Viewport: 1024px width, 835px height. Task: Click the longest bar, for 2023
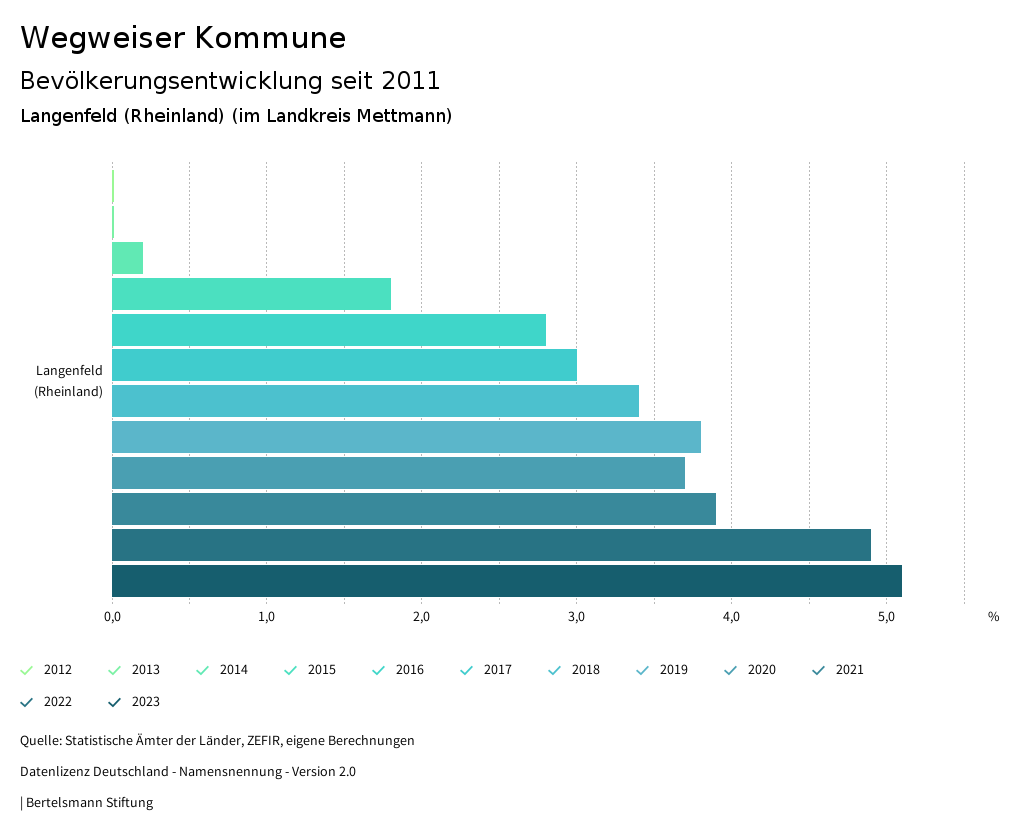click(x=506, y=581)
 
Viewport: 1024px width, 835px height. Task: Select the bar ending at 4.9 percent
click(x=491, y=545)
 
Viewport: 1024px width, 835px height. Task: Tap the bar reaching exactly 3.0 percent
click(x=344, y=365)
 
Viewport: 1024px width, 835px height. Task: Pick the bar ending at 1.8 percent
click(x=251, y=294)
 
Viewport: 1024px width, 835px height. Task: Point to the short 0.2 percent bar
click(x=127, y=258)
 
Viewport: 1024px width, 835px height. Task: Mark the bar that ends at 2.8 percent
click(x=329, y=330)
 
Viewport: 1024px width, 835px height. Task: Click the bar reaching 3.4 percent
click(x=375, y=401)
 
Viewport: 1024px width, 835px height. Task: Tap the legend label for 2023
click(x=145, y=702)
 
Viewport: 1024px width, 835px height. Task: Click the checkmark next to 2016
click(x=379, y=670)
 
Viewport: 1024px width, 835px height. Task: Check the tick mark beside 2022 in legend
click(x=27, y=702)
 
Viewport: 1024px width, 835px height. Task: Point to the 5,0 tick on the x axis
click(x=886, y=616)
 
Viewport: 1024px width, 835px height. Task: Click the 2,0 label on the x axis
click(x=421, y=616)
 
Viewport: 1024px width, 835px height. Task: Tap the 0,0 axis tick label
click(x=112, y=616)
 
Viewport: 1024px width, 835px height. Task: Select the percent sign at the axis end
click(x=993, y=617)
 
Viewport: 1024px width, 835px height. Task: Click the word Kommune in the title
click(x=270, y=38)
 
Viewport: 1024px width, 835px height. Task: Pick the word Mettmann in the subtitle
click(x=404, y=116)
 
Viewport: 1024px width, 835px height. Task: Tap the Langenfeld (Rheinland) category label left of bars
click(x=68, y=381)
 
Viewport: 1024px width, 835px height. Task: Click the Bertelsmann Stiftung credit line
click(x=88, y=802)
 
